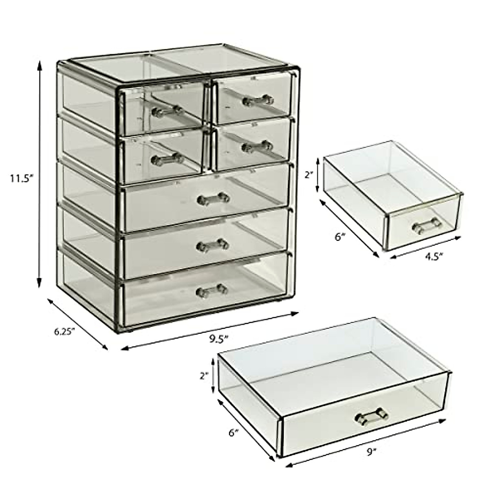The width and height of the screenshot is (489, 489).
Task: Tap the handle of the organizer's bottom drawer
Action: [x=212, y=290]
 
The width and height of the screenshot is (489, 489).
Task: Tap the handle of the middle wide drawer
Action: [x=212, y=244]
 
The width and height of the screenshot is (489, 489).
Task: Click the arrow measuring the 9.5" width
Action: [x=209, y=330]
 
